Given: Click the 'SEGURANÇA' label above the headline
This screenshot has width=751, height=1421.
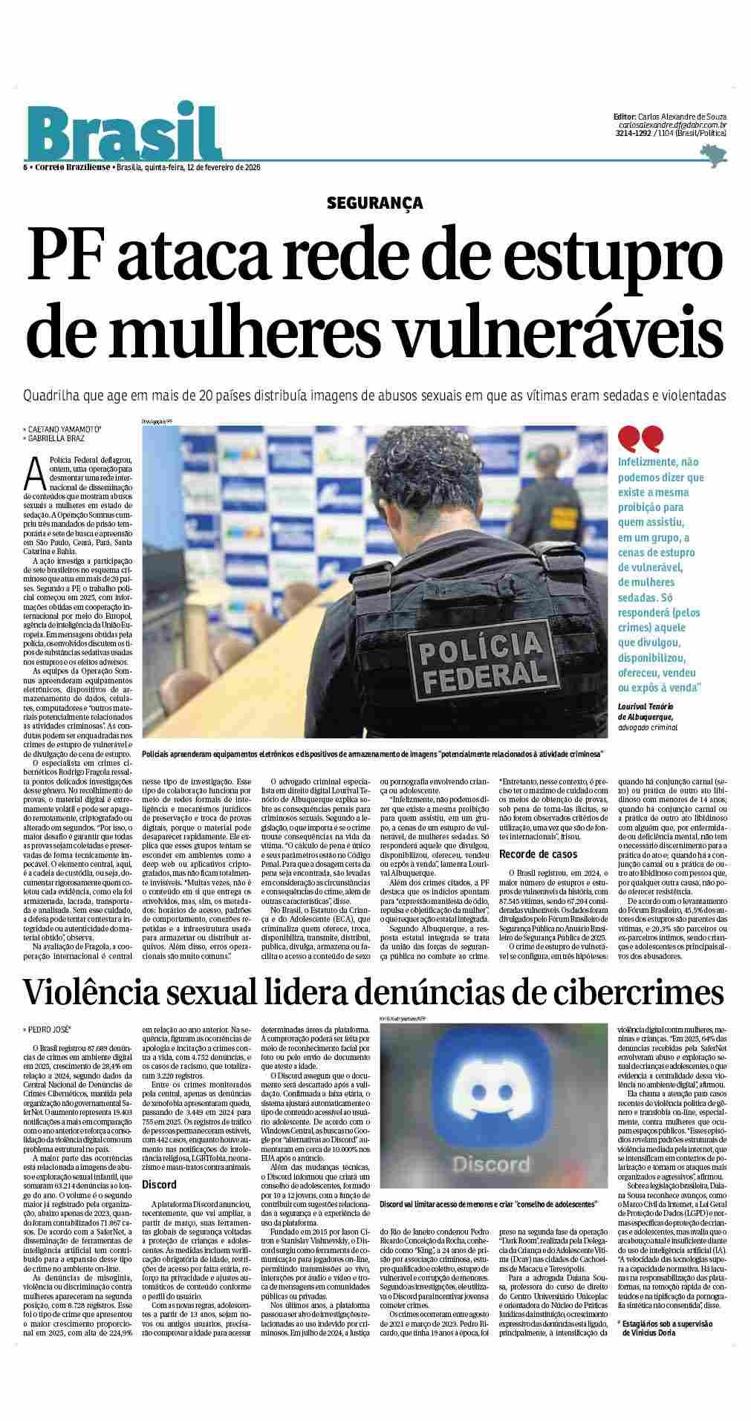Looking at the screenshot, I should coord(374,202).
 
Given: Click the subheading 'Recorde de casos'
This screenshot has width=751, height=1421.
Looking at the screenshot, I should coord(539,854).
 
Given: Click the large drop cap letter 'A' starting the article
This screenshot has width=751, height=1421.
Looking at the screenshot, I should coord(32,470).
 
